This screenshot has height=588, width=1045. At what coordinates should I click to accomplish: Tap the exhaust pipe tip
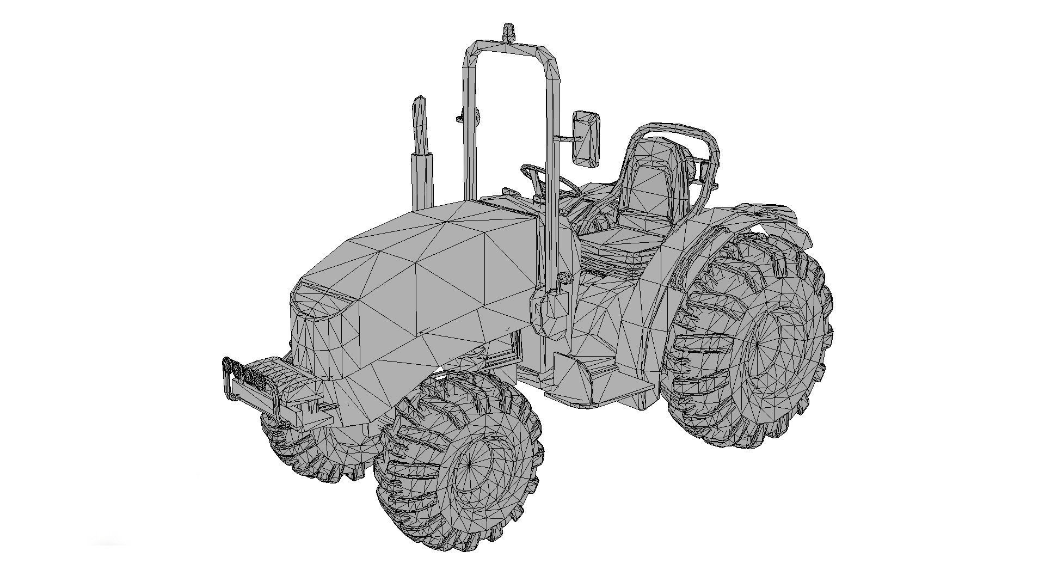419,103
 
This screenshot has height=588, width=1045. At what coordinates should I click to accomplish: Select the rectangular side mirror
586,138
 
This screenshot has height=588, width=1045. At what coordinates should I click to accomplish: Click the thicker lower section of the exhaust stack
422,180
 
